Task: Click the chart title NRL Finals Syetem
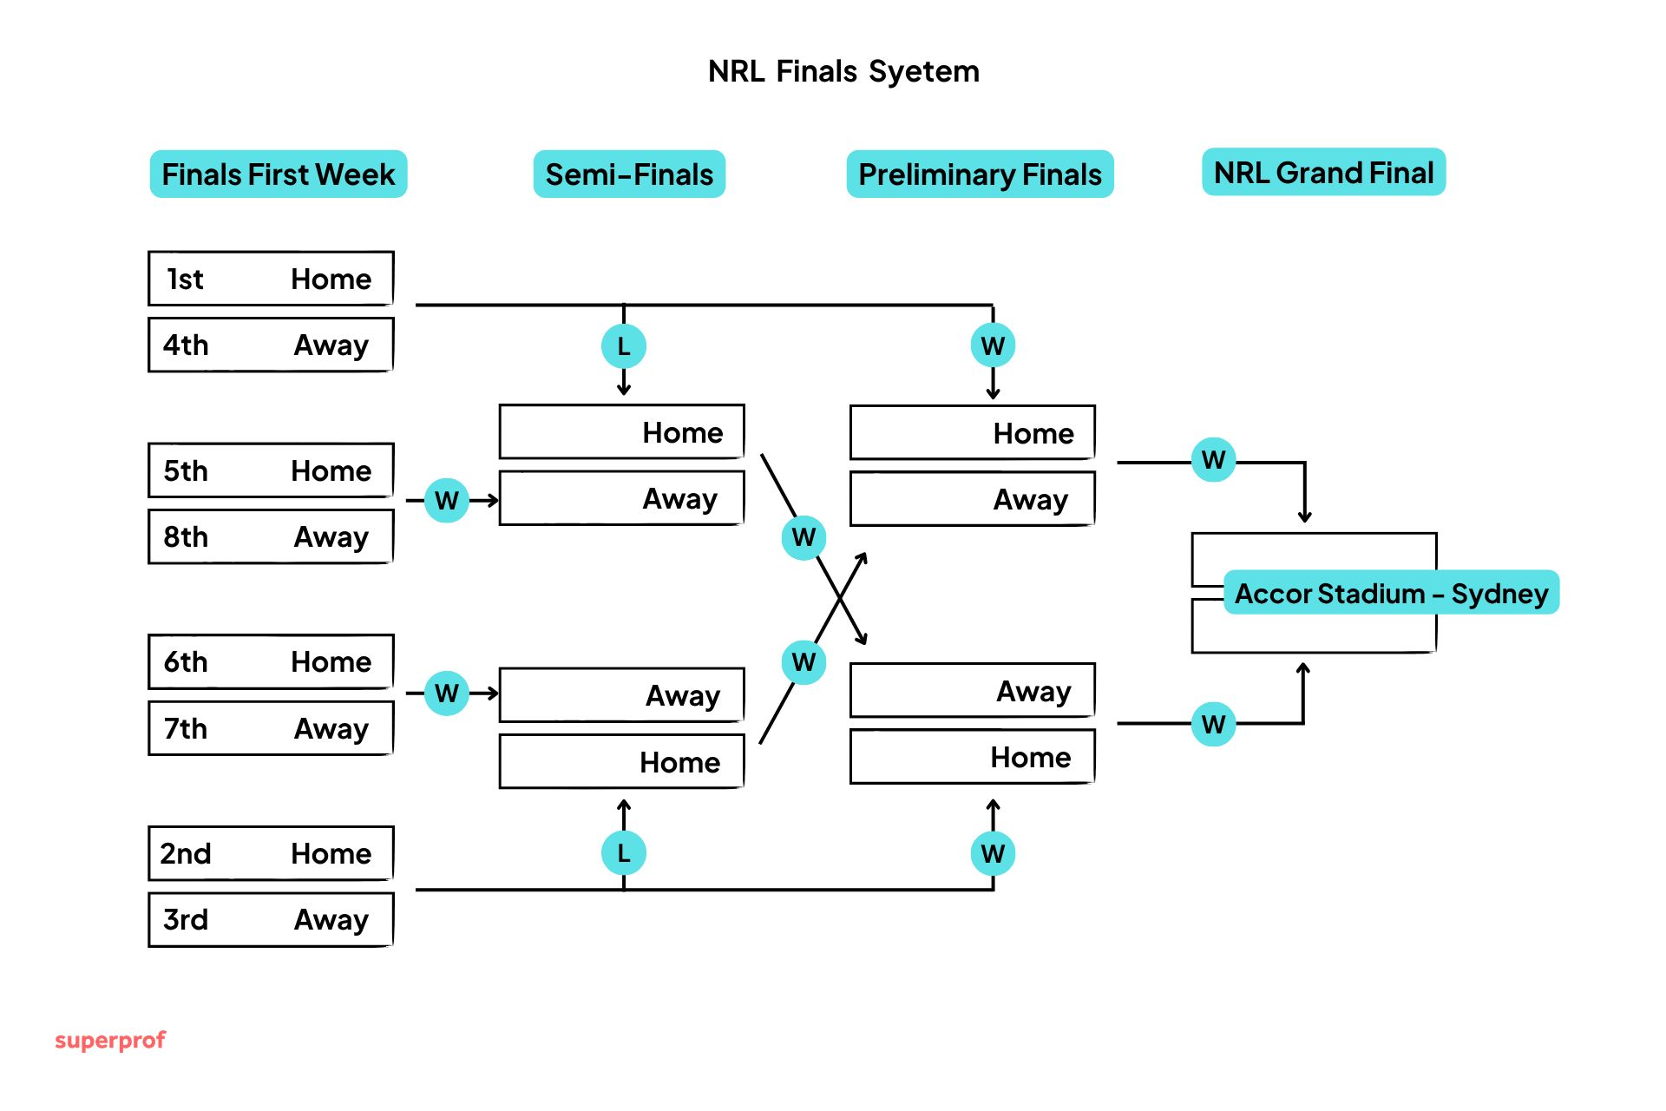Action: [843, 71]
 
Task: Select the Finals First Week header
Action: [278, 174]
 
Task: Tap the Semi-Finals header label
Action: [629, 174]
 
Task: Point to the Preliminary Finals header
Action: [980, 174]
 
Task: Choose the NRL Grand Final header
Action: [1323, 173]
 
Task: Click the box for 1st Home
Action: [271, 279]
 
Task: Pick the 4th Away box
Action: [271, 345]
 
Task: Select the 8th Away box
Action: [271, 536]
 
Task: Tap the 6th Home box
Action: [271, 661]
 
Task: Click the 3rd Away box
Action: [271, 919]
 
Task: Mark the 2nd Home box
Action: [271, 853]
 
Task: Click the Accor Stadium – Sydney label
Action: [1391, 593]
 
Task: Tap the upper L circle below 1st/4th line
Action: [623, 346]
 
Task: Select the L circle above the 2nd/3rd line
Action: [623, 853]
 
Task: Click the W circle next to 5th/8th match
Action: [447, 500]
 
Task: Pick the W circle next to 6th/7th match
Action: [447, 693]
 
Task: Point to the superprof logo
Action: [110, 1040]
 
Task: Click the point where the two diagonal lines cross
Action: [840, 598]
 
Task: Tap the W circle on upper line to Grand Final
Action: [1213, 460]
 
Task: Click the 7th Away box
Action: [271, 728]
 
